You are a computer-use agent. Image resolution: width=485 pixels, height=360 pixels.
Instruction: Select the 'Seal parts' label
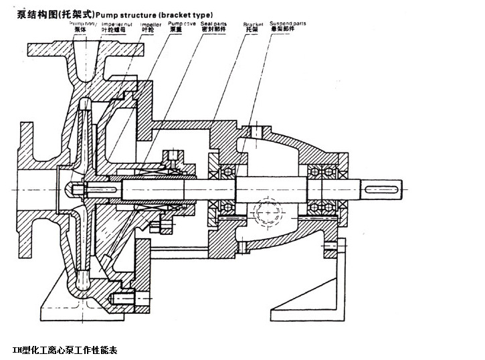tap(213, 23)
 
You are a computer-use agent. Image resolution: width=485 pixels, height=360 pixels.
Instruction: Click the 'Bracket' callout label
tap(250, 23)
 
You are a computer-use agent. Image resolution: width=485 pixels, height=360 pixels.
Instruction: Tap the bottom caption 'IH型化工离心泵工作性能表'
tap(65, 350)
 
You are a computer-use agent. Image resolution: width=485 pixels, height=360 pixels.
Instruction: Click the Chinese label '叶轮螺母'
tap(114, 30)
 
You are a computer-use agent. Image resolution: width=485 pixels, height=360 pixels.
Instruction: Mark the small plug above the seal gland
tap(175, 157)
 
